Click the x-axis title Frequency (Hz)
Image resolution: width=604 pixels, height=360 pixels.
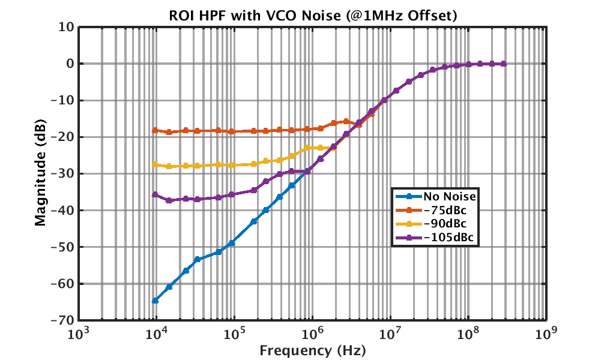(312, 349)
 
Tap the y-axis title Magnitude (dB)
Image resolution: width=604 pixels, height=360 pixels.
(40, 173)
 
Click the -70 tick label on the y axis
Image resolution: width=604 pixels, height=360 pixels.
(63, 320)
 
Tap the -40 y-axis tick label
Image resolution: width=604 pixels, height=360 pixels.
(63, 211)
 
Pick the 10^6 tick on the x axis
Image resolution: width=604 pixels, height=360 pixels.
(312, 334)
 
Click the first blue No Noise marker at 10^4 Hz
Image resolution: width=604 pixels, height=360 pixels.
(156, 300)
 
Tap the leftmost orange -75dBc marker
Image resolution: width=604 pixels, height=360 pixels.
(156, 130)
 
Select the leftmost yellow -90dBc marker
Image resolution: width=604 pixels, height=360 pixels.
(156, 164)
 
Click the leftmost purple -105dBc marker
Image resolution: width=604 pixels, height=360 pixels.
(156, 194)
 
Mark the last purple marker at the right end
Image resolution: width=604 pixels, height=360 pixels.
(503, 64)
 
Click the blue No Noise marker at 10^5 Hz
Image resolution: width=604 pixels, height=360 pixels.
(232, 242)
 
